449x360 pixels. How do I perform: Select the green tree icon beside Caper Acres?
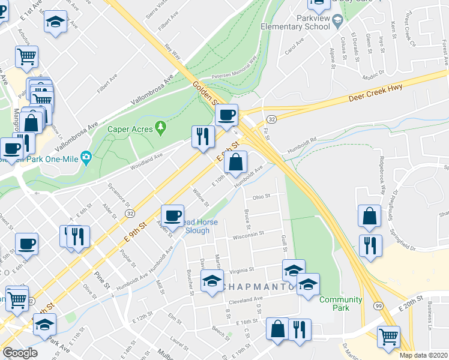click(160, 127)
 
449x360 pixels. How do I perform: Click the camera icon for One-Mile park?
click(86, 157)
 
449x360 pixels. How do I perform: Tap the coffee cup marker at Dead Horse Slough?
click(172, 215)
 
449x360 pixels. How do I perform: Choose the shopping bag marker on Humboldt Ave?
click(237, 161)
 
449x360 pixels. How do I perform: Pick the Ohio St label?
click(261, 196)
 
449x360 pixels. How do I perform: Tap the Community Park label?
click(341, 304)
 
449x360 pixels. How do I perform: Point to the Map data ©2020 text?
click(423, 355)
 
